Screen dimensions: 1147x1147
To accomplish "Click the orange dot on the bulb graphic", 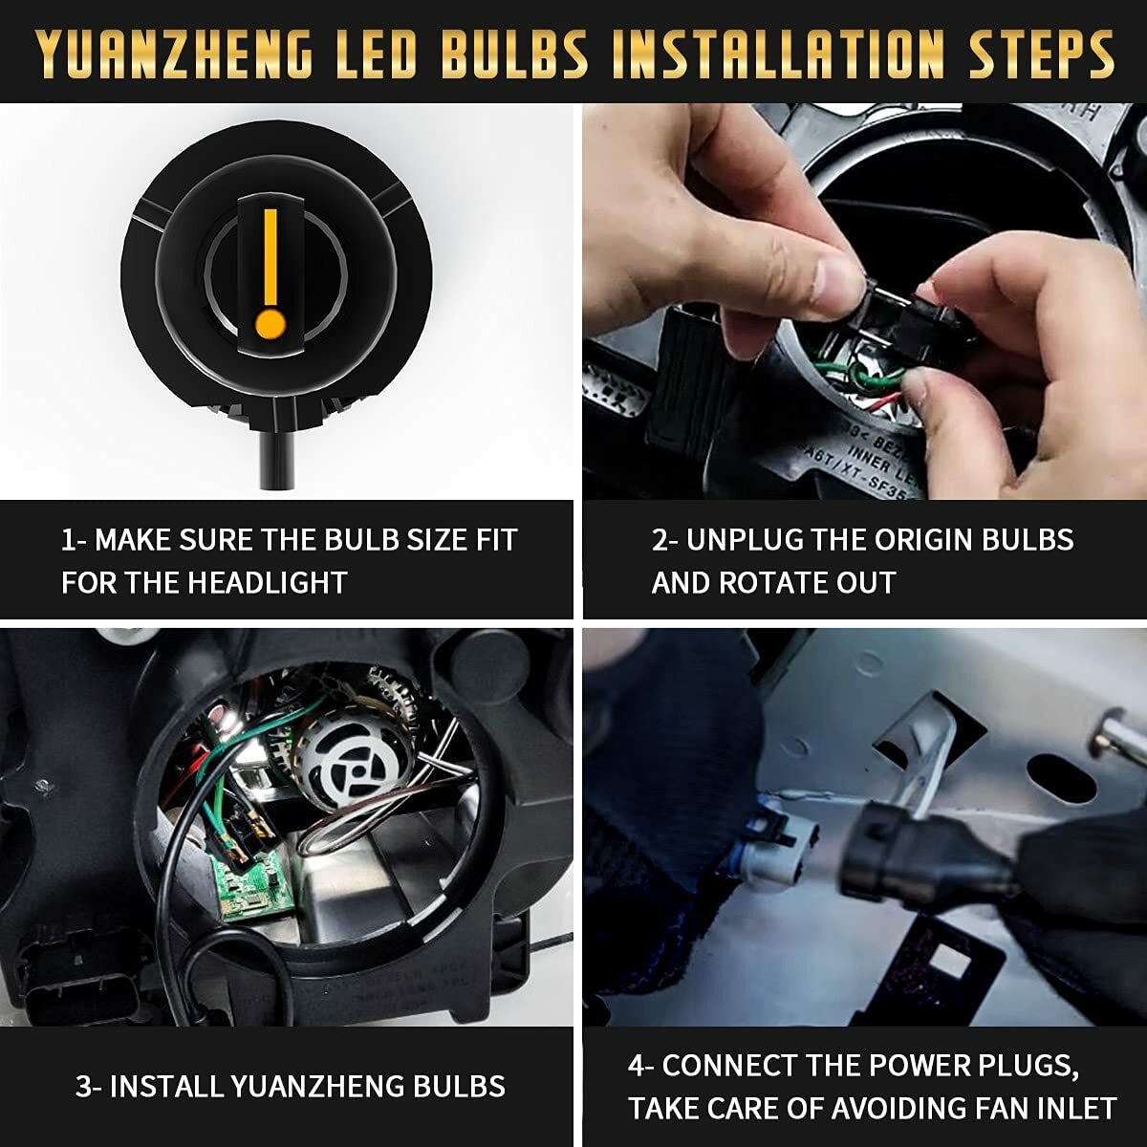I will (271, 323).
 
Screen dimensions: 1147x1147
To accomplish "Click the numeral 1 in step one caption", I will (68, 540).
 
